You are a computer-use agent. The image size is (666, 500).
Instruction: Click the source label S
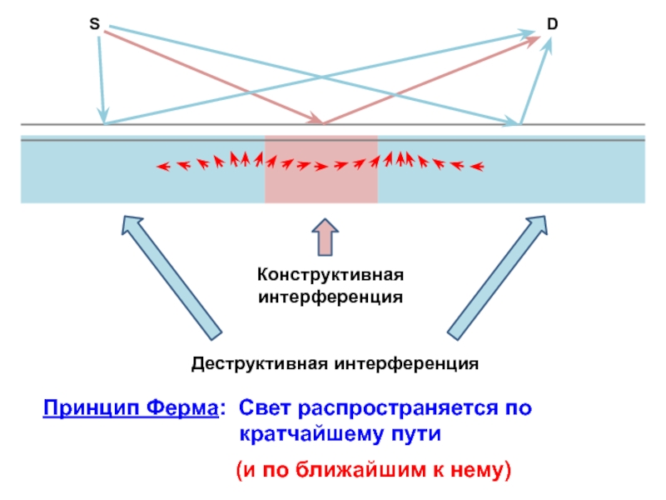click(x=95, y=26)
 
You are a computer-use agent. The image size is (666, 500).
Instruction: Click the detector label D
click(x=552, y=26)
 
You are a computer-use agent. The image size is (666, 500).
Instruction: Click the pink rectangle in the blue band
click(x=321, y=187)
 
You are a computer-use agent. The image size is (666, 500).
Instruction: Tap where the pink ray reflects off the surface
click(x=324, y=124)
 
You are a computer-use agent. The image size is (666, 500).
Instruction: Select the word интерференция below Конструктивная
click(x=331, y=296)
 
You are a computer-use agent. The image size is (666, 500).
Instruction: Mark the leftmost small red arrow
click(x=163, y=167)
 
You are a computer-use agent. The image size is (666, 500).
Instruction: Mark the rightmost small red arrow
click(x=477, y=167)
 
